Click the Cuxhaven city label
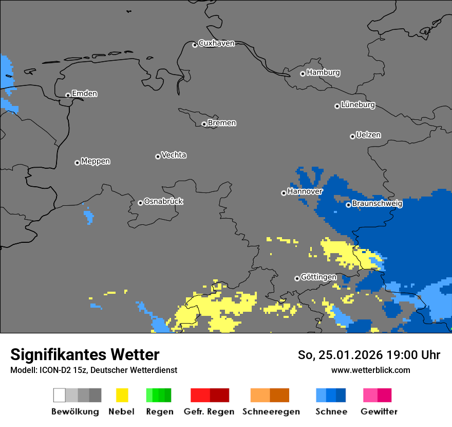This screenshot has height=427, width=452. click(x=216, y=43)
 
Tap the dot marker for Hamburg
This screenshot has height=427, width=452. click(x=303, y=74)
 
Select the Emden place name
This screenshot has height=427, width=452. click(x=84, y=94)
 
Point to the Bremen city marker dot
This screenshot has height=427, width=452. click(x=204, y=124)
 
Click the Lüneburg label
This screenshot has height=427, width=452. click(x=358, y=105)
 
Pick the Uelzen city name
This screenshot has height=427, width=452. click(x=368, y=135)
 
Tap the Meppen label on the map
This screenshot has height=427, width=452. click(x=96, y=161)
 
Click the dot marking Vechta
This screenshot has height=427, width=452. click(x=158, y=156)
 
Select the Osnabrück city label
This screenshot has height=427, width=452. click(x=163, y=201)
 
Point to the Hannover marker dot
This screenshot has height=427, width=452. click(x=284, y=193)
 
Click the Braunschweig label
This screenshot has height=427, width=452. click(x=377, y=203)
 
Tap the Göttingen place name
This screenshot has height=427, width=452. click(x=318, y=277)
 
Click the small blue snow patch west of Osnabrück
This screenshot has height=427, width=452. click(x=89, y=216)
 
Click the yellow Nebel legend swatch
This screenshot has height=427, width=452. click(x=122, y=395)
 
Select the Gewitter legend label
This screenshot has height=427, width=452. click(x=379, y=412)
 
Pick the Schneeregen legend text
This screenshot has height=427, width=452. click(x=271, y=412)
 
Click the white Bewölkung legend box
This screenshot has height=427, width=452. click(x=60, y=395)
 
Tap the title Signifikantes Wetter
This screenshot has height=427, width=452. click(x=85, y=354)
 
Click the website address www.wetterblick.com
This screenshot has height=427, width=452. click(x=370, y=370)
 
